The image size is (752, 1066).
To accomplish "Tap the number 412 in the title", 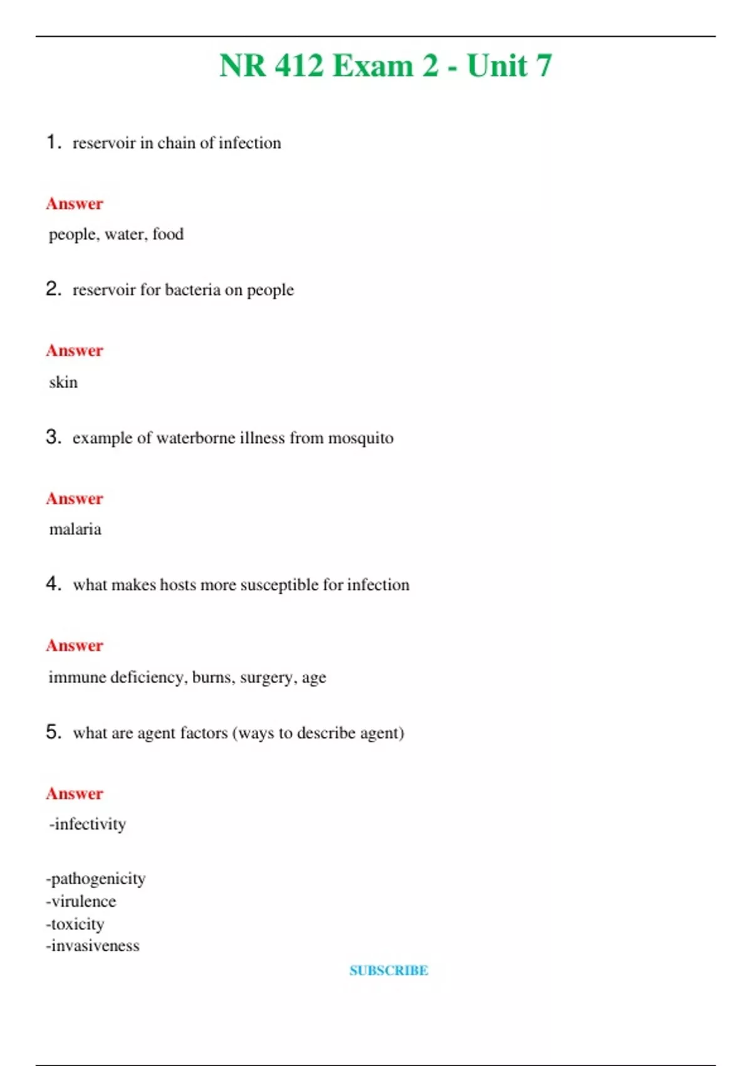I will click(299, 66).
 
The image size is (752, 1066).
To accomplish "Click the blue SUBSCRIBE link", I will click(389, 970).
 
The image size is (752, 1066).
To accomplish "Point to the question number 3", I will click(53, 436).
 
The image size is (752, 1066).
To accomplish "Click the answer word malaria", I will click(75, 529).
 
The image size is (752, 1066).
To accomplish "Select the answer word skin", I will click(63, 382).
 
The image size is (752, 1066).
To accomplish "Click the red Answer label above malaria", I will click(75, 499).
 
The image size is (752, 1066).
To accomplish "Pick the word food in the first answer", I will click(168, 235).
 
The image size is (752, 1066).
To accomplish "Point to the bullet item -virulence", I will click(81, 901).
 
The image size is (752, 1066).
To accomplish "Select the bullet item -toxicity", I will click(75, 924).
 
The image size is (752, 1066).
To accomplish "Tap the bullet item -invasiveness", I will click(93, 946).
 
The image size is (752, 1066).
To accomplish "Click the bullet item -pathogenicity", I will click(95, 879).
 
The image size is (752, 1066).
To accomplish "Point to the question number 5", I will click(53, 731).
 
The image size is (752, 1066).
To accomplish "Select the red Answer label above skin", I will click(75, 351).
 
